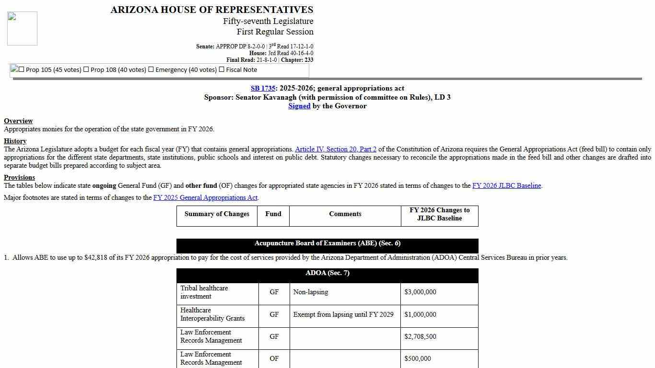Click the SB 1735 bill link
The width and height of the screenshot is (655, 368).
click(x=263, y=88)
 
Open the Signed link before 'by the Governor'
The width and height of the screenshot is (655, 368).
click(x=299, y=106)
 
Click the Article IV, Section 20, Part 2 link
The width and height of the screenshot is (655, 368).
click(x=336, y=149)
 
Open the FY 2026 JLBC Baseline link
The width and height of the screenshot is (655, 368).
click(x=506, y=185)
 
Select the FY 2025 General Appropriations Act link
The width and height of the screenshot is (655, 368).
click(x=205, y=197)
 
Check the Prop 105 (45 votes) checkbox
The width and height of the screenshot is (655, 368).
click(x=22, y=69)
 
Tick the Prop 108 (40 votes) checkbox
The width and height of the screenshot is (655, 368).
click(x=86, y=69)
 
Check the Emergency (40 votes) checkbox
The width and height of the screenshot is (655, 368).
click(x=151, y=69)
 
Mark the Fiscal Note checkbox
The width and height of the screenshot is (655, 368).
click(x=222, y=69)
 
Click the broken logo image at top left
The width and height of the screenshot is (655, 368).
click(x=22, y=29)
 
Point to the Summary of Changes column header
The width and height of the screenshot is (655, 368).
click(x=217, y=214)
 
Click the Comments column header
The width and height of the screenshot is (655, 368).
click(x=345, y=214)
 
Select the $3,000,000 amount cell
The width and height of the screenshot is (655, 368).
click(x=420, y=292)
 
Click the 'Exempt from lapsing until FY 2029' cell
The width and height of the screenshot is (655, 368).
click(x=343, y=314)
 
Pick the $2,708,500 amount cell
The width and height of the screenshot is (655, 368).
click(x=420, y=336)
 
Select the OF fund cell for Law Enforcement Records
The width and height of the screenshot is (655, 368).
click(x=274, y=358)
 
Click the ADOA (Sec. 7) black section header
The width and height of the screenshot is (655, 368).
click(x=327, y=273)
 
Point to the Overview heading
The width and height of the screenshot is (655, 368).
click(x=18, y=121)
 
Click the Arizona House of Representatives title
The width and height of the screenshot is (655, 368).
click(x=211, y=10)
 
